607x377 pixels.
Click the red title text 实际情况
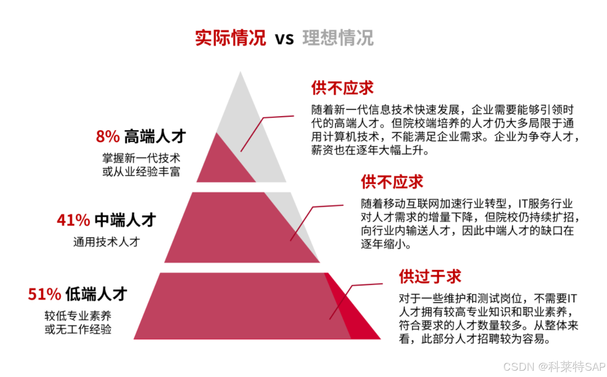pyautogui.click(x=230, y=38)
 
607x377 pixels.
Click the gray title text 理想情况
pyautogui.click(x=338, y=38)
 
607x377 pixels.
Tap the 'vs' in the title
pyautogui.click(x=284, y=39)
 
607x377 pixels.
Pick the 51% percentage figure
pyautogui.click(x=45, y=294)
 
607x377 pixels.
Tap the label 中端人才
pyautogui.click(x=125, y=220)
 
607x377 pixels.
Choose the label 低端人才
pyautogui.click(x=96, y=294)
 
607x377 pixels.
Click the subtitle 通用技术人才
pyautogui.click(x=107, y=242)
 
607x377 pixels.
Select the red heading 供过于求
pyautogui.click(x=430, y=276)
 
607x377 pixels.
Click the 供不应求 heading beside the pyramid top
pyautogui.click(x=342, y=88)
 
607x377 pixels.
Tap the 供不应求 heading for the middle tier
pyautogui.click(x=392, y=182)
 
